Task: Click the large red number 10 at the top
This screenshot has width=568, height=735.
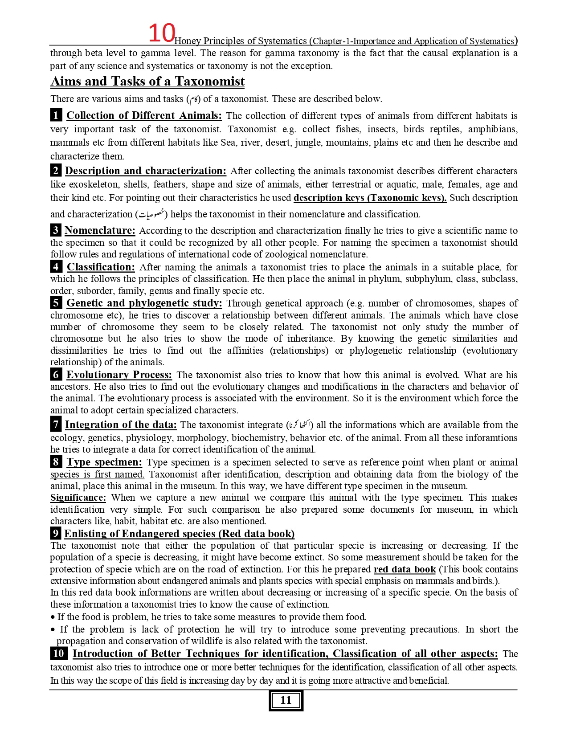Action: click(161, 33)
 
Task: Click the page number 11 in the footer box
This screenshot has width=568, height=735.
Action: click(286, 700)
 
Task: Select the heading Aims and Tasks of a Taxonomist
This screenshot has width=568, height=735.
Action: click(147, 82)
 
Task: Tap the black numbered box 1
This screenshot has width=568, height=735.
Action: click(56, 115)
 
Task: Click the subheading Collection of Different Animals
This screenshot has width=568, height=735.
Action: click(144, 116)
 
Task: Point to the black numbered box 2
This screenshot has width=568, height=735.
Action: click(56, 171)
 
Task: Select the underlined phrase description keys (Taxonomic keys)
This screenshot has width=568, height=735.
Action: click(370, 198)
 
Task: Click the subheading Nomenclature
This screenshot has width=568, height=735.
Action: click(100, 230)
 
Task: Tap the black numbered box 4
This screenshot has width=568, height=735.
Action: click(56, 267)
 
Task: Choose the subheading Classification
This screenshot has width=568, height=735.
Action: click(101, 267)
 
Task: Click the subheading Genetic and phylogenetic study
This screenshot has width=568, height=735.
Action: click(144, 303)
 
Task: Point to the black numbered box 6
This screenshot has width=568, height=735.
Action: click(56, 375)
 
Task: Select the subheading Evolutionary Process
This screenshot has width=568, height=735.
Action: click(119, 375)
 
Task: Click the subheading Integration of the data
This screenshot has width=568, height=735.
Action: click(121, 425)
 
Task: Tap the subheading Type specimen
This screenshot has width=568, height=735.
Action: click(104, 462)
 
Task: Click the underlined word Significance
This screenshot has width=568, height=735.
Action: click(78, 498)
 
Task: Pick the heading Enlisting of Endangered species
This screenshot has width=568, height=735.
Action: click(179, 534)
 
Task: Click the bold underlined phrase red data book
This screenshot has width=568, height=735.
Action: click(405, 569)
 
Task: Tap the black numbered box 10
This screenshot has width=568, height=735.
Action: click(59, 653)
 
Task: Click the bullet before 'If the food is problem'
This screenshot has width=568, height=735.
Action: click(53, 617)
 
